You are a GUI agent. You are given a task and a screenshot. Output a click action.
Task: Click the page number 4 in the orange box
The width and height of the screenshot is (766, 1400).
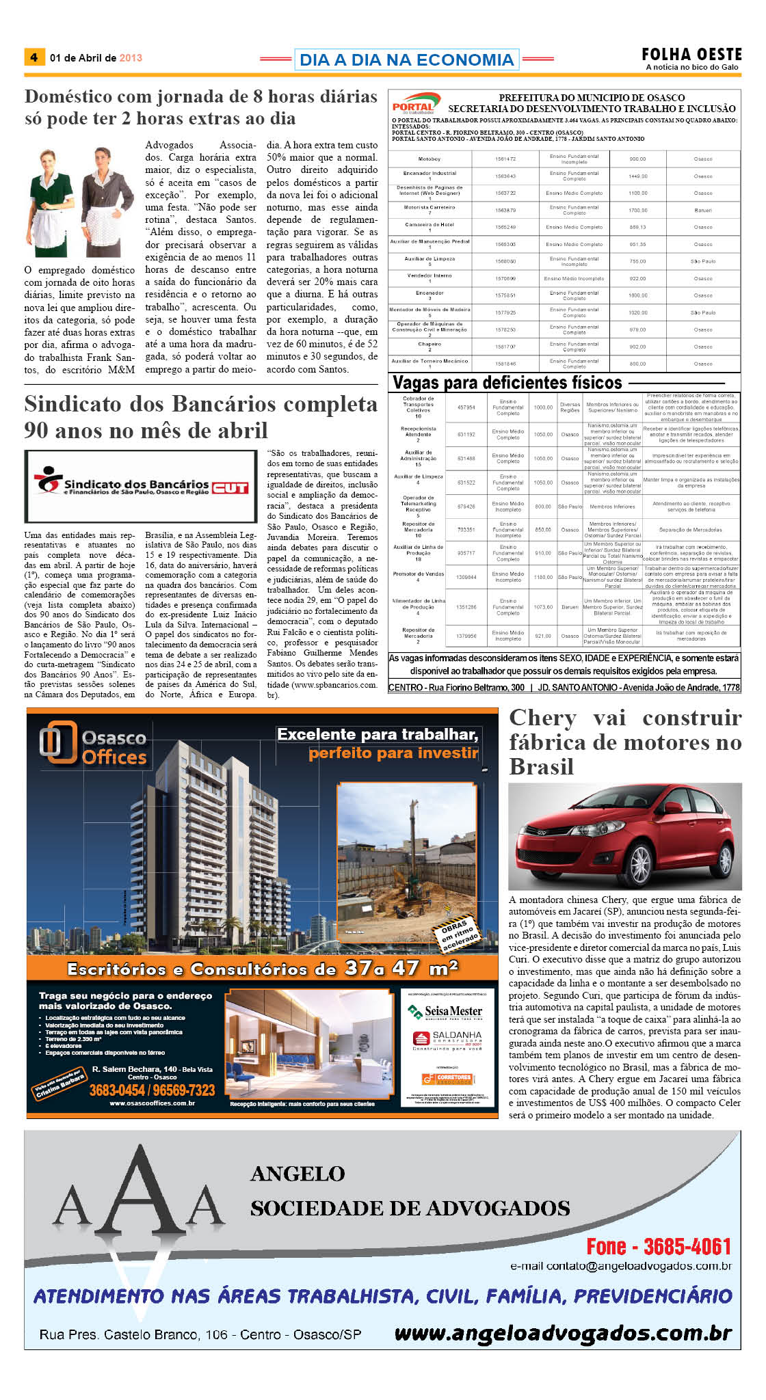tap(34, 57)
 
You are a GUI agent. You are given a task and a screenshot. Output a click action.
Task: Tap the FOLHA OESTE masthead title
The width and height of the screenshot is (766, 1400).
tap(691, 55)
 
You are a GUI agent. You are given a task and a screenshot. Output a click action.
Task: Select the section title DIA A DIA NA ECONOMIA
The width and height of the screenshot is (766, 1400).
tap(406, 60)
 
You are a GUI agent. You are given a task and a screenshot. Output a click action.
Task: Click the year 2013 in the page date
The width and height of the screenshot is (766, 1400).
tap(131, 58)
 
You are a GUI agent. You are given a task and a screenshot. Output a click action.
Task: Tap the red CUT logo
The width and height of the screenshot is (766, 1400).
tap(230, 487)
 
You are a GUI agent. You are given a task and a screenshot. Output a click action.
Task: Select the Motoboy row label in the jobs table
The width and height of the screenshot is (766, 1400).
tap(429, 159)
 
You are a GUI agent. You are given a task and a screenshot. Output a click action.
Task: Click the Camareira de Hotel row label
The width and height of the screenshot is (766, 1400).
tap(429, 224)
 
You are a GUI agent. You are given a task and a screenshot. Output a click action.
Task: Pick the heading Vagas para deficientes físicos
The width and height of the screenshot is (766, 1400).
tap(507, 383)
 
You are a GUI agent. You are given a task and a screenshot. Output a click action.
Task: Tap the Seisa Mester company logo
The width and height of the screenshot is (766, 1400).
tap(445, 1011)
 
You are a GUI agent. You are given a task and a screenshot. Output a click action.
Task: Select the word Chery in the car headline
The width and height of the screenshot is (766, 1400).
tap(543, 718)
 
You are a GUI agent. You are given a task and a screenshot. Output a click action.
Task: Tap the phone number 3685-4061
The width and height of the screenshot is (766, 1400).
tap(659, 1246)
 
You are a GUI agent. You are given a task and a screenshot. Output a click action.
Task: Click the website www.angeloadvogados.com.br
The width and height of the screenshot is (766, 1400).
tap(562, 1332)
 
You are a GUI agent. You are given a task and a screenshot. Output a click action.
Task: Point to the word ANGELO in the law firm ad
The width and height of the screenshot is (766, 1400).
tap(298, 1173)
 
